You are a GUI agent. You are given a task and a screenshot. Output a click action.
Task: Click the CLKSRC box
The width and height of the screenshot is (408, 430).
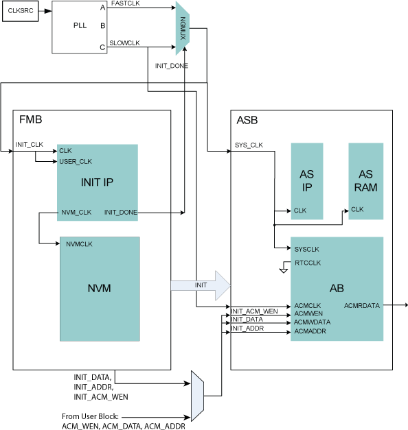[x=21, y=11]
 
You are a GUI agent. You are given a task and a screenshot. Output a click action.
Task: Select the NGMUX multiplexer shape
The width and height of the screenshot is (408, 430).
[x=183, y=28]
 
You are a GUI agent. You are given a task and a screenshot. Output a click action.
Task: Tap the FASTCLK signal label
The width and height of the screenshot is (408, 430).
[x=126, y=3]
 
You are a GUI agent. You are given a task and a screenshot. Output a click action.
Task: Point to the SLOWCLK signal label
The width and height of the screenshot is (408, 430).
[x=125, y=43]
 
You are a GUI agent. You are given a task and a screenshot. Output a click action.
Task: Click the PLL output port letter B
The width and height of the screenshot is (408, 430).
[x=103, y=25]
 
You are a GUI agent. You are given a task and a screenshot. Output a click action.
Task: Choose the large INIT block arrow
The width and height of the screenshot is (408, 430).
[x=201, y=285]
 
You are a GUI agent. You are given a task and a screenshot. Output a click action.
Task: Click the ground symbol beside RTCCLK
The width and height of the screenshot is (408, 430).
[x=283, y=271]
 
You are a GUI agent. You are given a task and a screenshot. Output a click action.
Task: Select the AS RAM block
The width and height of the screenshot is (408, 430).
[x=365, y=181]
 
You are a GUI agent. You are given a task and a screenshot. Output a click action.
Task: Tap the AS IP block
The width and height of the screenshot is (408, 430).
[x=307, y=181]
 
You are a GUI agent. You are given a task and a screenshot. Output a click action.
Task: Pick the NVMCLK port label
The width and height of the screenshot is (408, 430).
[x=79, y=244]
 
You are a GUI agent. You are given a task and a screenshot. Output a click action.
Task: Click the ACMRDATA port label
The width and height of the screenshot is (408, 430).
[x=362, y=305]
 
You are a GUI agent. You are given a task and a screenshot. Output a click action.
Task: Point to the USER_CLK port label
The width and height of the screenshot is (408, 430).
[x=76, y=162]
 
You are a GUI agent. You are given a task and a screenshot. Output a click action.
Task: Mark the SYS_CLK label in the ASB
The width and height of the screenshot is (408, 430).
[x=249, y=145]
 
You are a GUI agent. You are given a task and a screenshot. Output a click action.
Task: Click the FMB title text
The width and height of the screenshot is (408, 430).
[x=30, y=119]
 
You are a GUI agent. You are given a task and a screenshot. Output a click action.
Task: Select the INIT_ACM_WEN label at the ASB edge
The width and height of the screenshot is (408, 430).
[x=254, y=311]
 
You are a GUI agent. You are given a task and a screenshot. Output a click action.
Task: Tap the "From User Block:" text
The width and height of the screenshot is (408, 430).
[x=90, y=416]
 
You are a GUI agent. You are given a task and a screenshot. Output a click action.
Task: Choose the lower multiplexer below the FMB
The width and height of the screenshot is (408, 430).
[x=197, y=396]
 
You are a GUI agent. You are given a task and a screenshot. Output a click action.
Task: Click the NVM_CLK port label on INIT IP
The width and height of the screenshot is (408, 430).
[x=76, y=213]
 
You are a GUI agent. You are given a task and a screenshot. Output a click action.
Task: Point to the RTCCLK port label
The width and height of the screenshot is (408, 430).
[x=308, y=263]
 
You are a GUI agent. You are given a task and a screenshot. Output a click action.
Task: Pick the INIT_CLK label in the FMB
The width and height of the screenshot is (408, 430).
[x=29, y=145]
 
